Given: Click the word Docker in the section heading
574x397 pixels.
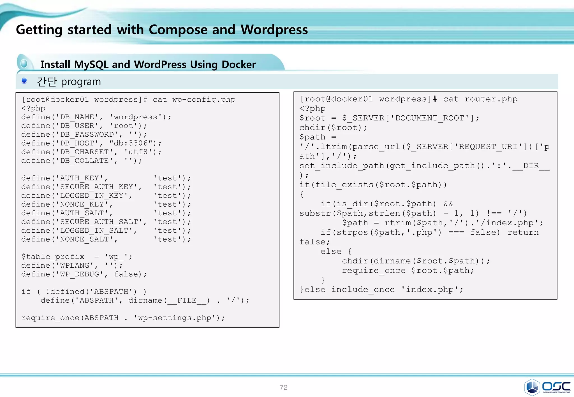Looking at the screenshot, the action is click(239, 64).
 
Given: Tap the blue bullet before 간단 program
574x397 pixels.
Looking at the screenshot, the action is click(24, 81).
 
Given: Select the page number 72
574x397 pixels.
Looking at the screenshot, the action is click(283, 387).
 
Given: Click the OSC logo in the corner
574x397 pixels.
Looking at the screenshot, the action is click(547, 387).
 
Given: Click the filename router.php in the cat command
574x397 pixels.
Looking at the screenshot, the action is click(491, 99).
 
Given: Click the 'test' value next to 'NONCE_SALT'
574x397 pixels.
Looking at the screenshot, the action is click(167, 239).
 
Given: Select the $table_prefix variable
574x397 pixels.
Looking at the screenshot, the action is click(53, 257).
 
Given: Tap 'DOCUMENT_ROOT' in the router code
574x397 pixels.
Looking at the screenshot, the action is click(430, 118).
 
